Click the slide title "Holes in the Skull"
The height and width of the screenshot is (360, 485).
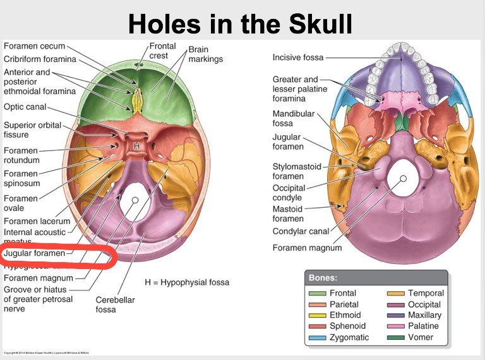click(x=240, y=24)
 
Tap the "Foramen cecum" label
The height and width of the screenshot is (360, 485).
click(x=35, y=46)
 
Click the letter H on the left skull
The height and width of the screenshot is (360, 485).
click(x=136, y=145)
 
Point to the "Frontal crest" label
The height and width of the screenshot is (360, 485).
click(x=162, y=51)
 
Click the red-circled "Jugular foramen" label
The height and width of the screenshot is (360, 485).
click(x=35, y=253)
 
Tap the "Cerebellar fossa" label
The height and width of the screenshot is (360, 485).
click(x=115, y=305)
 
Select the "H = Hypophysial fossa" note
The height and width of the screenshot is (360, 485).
click(x=186, y=282)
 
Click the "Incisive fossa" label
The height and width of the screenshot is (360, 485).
click(x=298, y=57)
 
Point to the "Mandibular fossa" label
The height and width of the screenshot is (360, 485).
click(x=292, y=118)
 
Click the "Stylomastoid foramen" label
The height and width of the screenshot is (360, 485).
click(x=297, y=171)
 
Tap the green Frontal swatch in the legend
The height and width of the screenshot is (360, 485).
click(x=317, y=293)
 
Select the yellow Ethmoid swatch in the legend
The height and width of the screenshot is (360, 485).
click(x=317, y=315)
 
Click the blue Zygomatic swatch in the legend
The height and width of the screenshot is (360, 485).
click(x=317, y=337)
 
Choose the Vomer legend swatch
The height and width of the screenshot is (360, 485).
click(x=396, y=337)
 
